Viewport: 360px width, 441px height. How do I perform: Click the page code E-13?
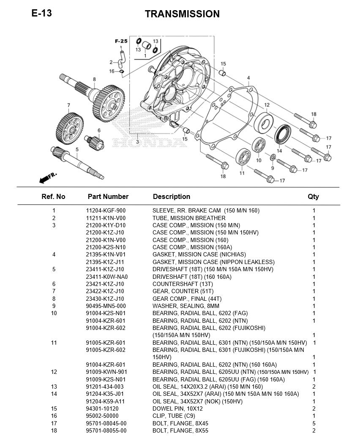[x=42, y=13]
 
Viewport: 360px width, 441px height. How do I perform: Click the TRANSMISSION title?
[x=182, y=14]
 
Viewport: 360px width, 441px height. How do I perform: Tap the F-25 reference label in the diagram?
[x=121, y=41]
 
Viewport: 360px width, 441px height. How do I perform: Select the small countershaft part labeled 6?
[x=94, y=141]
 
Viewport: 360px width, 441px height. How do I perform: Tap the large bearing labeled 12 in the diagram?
[x=264, y=122]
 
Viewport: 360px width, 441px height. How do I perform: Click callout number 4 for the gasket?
[x=248, y=78]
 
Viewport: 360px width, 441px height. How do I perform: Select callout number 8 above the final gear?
[x=94, y=79]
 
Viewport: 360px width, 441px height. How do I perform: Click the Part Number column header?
[x=108, y=196]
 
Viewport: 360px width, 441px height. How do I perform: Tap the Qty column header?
[x=314, y=196]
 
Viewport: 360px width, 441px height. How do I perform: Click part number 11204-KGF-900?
[x=106, y=211]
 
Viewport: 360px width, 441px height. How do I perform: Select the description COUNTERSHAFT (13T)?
[x=183, y=284]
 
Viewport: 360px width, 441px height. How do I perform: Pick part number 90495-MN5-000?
[x=106, y=306]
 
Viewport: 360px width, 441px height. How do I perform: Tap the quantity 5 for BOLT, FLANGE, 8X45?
[x=314, y=423]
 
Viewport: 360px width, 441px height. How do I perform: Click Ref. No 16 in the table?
[x=54, y=416]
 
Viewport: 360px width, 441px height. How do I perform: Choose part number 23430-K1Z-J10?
[x=105, y=299]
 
